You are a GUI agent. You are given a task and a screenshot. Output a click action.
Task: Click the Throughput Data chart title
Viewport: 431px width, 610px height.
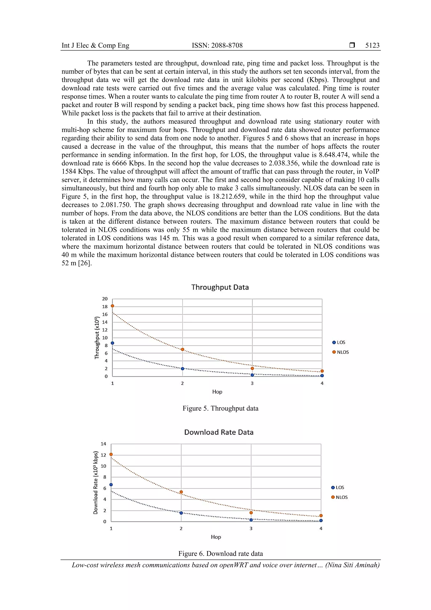(220, 287)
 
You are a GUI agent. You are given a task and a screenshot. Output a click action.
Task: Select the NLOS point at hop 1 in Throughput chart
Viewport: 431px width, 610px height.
(112, 306)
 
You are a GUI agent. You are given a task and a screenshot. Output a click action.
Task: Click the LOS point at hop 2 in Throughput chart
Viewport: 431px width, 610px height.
(182, 368)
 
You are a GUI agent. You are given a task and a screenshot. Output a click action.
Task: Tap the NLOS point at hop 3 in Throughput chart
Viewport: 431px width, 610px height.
(252, 368)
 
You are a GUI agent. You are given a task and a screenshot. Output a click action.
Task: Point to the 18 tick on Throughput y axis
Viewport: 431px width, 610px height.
(105, 307)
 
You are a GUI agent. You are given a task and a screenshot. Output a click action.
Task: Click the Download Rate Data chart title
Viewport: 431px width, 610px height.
(219, 432)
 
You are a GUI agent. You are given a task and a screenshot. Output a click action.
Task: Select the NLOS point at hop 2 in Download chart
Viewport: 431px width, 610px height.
(181, 492)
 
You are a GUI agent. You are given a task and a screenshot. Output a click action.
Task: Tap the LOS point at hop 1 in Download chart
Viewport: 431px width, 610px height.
(111, 485)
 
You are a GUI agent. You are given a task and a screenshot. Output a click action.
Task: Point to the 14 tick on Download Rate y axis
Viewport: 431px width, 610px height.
(103, 444)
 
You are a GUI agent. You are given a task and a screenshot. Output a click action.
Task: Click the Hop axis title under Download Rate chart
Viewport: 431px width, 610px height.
(216, 537)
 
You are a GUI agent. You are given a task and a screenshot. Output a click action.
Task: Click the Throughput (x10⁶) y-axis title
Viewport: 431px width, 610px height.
(97, 338)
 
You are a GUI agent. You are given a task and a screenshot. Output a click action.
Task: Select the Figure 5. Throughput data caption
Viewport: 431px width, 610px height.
(220, 408)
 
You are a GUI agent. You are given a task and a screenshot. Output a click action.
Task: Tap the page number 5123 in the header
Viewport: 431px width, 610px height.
(372, 45)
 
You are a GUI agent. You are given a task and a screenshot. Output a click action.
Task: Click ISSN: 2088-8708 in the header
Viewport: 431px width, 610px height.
(217, 45)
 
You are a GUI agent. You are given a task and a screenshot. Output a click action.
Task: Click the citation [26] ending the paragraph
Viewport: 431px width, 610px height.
(85, 263)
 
